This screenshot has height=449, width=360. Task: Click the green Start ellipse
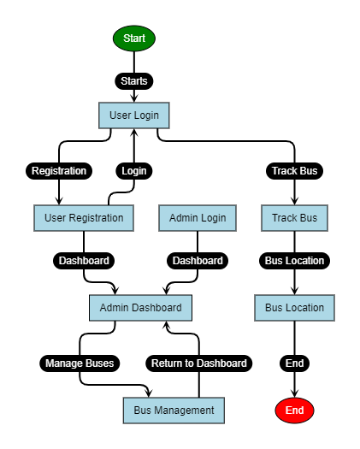click(134, 38)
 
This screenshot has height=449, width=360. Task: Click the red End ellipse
click(294, 411)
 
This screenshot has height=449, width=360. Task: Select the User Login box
click(134, 115)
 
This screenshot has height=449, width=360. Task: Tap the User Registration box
click(84, 218)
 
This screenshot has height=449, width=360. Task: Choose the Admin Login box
click(198, 218)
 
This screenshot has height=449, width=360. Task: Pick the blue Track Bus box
click(294, 218)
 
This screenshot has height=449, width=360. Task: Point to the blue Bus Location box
click(294, 308)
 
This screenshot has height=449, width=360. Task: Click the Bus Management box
click(174, 411)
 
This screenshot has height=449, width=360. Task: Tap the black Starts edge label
click(134, 81)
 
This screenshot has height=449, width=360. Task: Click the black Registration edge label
click(59, 170)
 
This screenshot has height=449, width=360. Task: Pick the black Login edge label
click(134, 170)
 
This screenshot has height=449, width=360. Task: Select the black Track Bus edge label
click(294, 170)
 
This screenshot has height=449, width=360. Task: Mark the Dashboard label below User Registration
click(84, 260)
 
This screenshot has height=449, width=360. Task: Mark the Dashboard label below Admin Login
click(198, 260)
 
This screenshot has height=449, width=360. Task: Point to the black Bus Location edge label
click(294, 260)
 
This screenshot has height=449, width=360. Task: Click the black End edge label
click(294, 363)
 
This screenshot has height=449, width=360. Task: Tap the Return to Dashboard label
click(198, 363)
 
